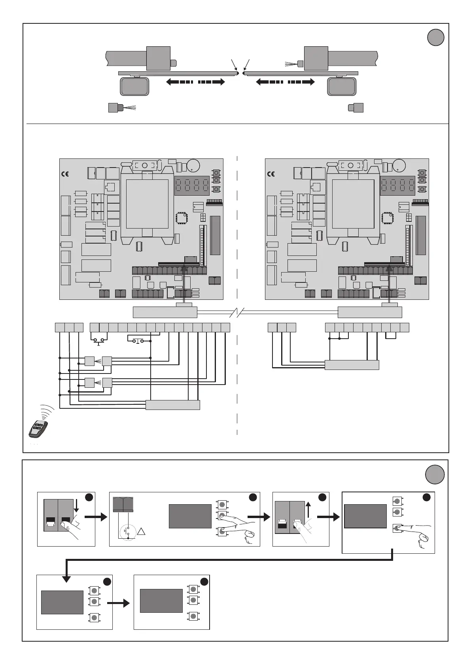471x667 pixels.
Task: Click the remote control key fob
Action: tap(38, 429)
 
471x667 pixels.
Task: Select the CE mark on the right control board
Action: tap(271, 174)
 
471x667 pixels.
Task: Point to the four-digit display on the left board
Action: tap(192, 185)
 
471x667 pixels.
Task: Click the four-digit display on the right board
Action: tap(398, 185)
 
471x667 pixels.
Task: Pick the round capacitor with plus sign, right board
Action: tap(399, 165)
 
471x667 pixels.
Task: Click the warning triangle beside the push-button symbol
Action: tap(143, 530)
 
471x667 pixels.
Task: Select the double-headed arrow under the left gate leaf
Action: tap(195, 82)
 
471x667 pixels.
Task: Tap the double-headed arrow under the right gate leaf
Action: tap(285, 82)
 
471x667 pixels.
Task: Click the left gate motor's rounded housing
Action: tap(134, 86)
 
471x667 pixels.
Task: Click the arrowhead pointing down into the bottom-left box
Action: tap(66, 579)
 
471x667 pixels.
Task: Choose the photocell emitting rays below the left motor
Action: tap(117, 107)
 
